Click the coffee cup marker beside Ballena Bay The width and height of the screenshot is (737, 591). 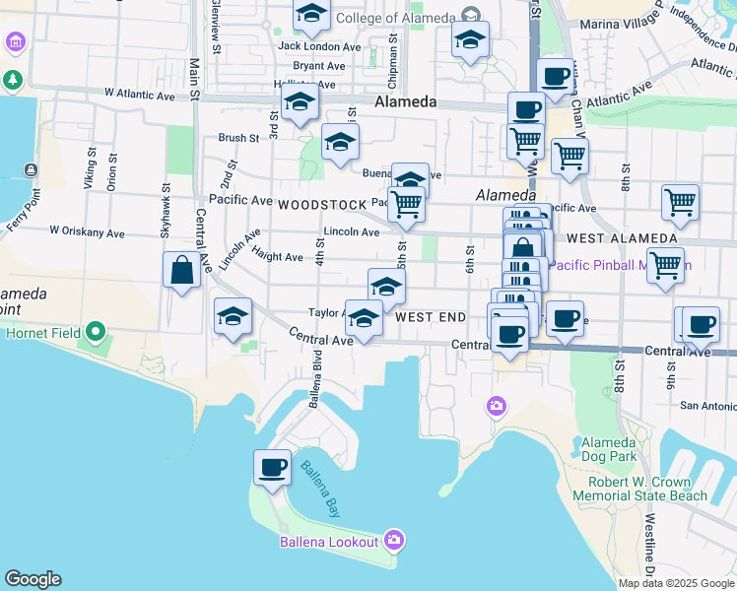point(272,467)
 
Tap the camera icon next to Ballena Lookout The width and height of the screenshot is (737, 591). point(394,540)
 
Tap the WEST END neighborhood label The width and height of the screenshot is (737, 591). point(430,318)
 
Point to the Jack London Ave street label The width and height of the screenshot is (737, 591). point(319,46)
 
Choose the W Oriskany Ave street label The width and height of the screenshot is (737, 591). point(88,233)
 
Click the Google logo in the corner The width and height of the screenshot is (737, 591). point(33,579)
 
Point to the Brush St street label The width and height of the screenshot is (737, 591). point(238,139)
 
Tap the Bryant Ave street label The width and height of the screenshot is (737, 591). point(318,66)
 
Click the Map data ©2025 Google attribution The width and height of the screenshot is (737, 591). point(677,583)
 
